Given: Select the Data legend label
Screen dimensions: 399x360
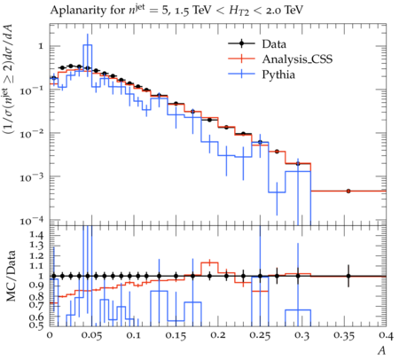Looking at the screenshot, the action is coord(274,44).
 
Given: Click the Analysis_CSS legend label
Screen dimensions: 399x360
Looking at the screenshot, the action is coord(297,59).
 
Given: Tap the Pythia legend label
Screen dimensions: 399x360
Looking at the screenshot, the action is coord(278,74).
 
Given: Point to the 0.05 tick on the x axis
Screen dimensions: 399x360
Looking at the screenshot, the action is coord(91,335).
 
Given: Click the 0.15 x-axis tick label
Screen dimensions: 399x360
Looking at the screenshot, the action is coord(176,335).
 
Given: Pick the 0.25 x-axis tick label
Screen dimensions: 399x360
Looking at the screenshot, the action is coord(260,335).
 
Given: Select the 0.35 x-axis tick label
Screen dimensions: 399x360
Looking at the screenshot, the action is coord(344,335).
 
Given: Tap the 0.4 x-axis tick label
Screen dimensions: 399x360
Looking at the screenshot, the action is coord(387,335).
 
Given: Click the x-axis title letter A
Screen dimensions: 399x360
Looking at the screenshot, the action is coord(382,350).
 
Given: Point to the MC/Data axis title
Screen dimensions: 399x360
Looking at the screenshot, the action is coord(11,276).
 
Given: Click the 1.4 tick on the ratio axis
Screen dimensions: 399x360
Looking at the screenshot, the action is coord(37,235).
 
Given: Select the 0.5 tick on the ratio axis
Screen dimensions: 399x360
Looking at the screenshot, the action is coord(37,325).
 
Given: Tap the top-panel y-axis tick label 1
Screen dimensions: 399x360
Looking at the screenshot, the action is coord(41,46).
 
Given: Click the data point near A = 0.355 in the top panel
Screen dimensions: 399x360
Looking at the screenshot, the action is coord(348,191).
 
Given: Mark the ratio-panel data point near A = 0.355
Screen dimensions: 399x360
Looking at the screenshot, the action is coord(348,276).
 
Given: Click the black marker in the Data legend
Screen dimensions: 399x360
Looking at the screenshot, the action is coord(241,43).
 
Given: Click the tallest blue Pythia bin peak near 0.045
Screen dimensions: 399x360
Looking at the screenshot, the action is coord(88,45).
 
